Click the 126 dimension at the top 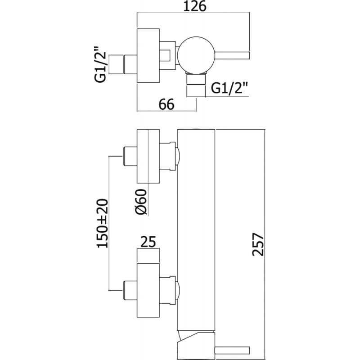click(x=195, y=7)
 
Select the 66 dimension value click(x=166, y=104)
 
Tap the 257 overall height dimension click(x=258, y=244)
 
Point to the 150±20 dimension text click(x=102, y=223)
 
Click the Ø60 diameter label click(x=141, y=202)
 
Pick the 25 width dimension click(x=148, y=242)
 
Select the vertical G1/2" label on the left click(x=100, y=65)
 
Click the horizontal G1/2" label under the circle click(x=229, y=88)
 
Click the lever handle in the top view click(x=232, y=55)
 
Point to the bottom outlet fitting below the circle click(x=196, y=79)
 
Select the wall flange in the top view click(x=148, y=55)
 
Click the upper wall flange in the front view click(x=148, y=156)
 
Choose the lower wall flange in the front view click(x=148, y=291)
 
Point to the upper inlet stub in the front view click(x=130, y=156)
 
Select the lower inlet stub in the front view click(x=130, y=291)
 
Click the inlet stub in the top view click(x=130, y=64)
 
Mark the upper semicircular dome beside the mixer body click(x=178, y=156)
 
